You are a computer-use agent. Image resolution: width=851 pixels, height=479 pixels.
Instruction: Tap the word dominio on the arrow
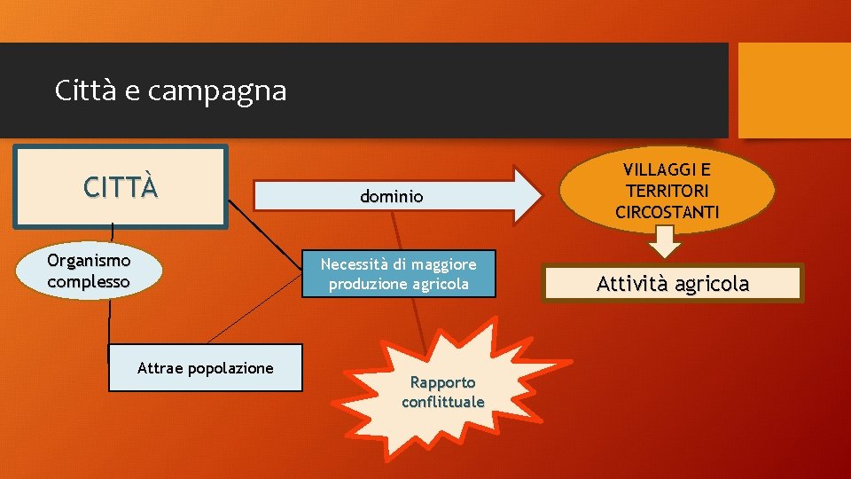tap(391, 197)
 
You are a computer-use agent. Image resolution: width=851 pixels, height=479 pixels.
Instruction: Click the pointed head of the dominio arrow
tap(527, 193)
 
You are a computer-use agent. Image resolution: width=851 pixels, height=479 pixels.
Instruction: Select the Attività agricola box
tap(673, 284)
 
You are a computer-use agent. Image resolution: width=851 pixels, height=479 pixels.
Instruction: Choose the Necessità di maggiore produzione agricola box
tap(398, 273)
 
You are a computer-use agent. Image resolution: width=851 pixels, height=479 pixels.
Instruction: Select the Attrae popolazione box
tap(205, 368)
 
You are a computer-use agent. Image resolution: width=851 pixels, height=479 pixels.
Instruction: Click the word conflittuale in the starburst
tap(442, 402)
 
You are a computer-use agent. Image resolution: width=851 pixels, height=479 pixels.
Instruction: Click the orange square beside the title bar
tap(793, 90)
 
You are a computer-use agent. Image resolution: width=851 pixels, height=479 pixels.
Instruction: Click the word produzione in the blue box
tap(367, 284)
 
